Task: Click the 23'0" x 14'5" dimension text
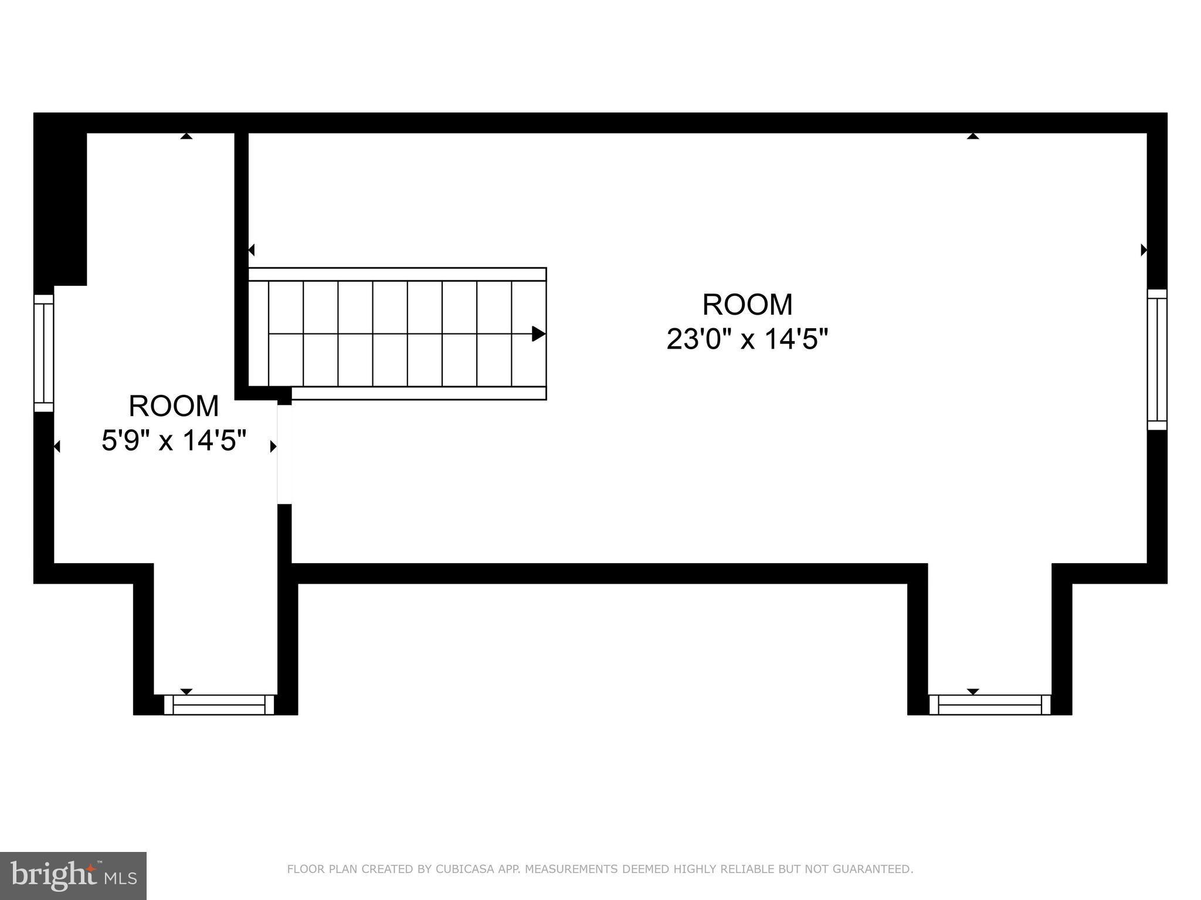coord(747,339)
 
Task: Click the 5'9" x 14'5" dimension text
coord(174,440)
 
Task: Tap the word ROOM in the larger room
coord(747,305)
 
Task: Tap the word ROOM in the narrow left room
coord(174,406)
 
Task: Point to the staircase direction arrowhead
coord(538,334)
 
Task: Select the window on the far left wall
coord(44,353)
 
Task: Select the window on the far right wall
coord(1157,360)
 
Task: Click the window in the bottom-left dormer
coord(219,704)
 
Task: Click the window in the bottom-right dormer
coord(990,704)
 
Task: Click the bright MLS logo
coord(73,875)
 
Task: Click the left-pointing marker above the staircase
coord(252,250)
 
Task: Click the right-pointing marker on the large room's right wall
coord(1143,250)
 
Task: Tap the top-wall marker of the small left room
coord(186,136)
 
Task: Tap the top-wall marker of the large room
coord(973,136)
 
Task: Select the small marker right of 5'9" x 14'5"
coord(273,446)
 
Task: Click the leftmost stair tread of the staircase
coord(259,334)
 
